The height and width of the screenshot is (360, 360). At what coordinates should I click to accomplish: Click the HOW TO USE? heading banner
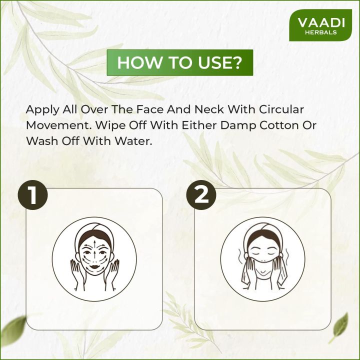tap(180, 63)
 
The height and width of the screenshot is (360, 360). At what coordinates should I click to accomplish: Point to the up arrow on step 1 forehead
tap(93, 245)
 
